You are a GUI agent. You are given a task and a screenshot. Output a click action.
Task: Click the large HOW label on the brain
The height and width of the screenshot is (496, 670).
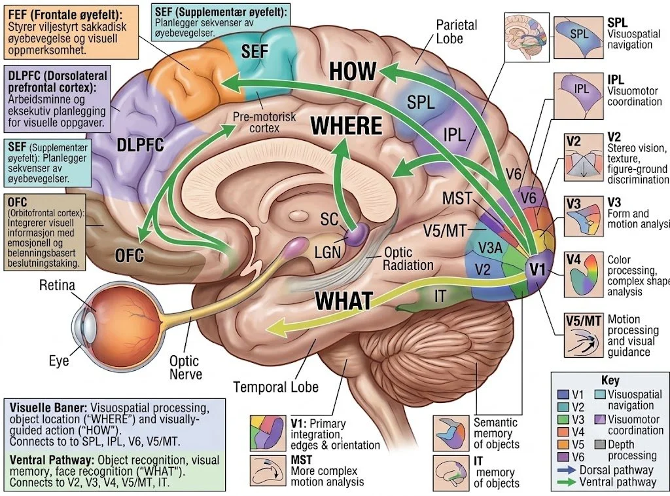coord(353,71)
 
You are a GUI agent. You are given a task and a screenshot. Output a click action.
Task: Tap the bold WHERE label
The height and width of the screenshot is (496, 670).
coord(347,125)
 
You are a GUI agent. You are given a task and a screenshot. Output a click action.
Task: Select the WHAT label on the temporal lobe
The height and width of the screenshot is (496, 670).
coord(344,300)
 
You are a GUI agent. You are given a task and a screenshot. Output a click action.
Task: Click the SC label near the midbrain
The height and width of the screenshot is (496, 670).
coord(329,219)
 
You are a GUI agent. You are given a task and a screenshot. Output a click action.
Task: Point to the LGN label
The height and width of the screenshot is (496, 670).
coord(327,252)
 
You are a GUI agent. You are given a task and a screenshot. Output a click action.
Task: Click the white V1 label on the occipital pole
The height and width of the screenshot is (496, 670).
coord(538,269)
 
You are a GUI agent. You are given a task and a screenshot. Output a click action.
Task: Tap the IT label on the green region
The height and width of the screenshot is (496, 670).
coord(440,296)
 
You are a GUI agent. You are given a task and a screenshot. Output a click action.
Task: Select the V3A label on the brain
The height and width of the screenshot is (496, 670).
coord(490,248)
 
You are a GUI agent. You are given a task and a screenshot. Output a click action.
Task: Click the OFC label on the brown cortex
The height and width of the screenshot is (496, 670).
coord(130,256)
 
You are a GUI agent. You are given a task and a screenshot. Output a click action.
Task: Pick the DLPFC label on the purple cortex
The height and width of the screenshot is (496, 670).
coord(140,145)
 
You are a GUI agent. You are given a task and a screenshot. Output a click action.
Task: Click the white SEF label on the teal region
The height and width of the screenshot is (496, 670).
coord(255,51)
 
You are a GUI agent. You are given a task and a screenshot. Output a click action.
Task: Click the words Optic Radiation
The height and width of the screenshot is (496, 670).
coord(408,259)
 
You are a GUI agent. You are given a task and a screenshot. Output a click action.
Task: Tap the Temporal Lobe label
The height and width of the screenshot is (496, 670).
coord(276,387)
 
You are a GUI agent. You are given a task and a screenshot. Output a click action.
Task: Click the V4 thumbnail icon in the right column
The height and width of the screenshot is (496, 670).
coord(584,275)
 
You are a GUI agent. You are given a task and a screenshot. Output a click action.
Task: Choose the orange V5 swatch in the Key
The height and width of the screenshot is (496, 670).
coord(563,445)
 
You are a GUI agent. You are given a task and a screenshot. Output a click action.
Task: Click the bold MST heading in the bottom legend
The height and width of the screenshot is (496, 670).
coord(301,459)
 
